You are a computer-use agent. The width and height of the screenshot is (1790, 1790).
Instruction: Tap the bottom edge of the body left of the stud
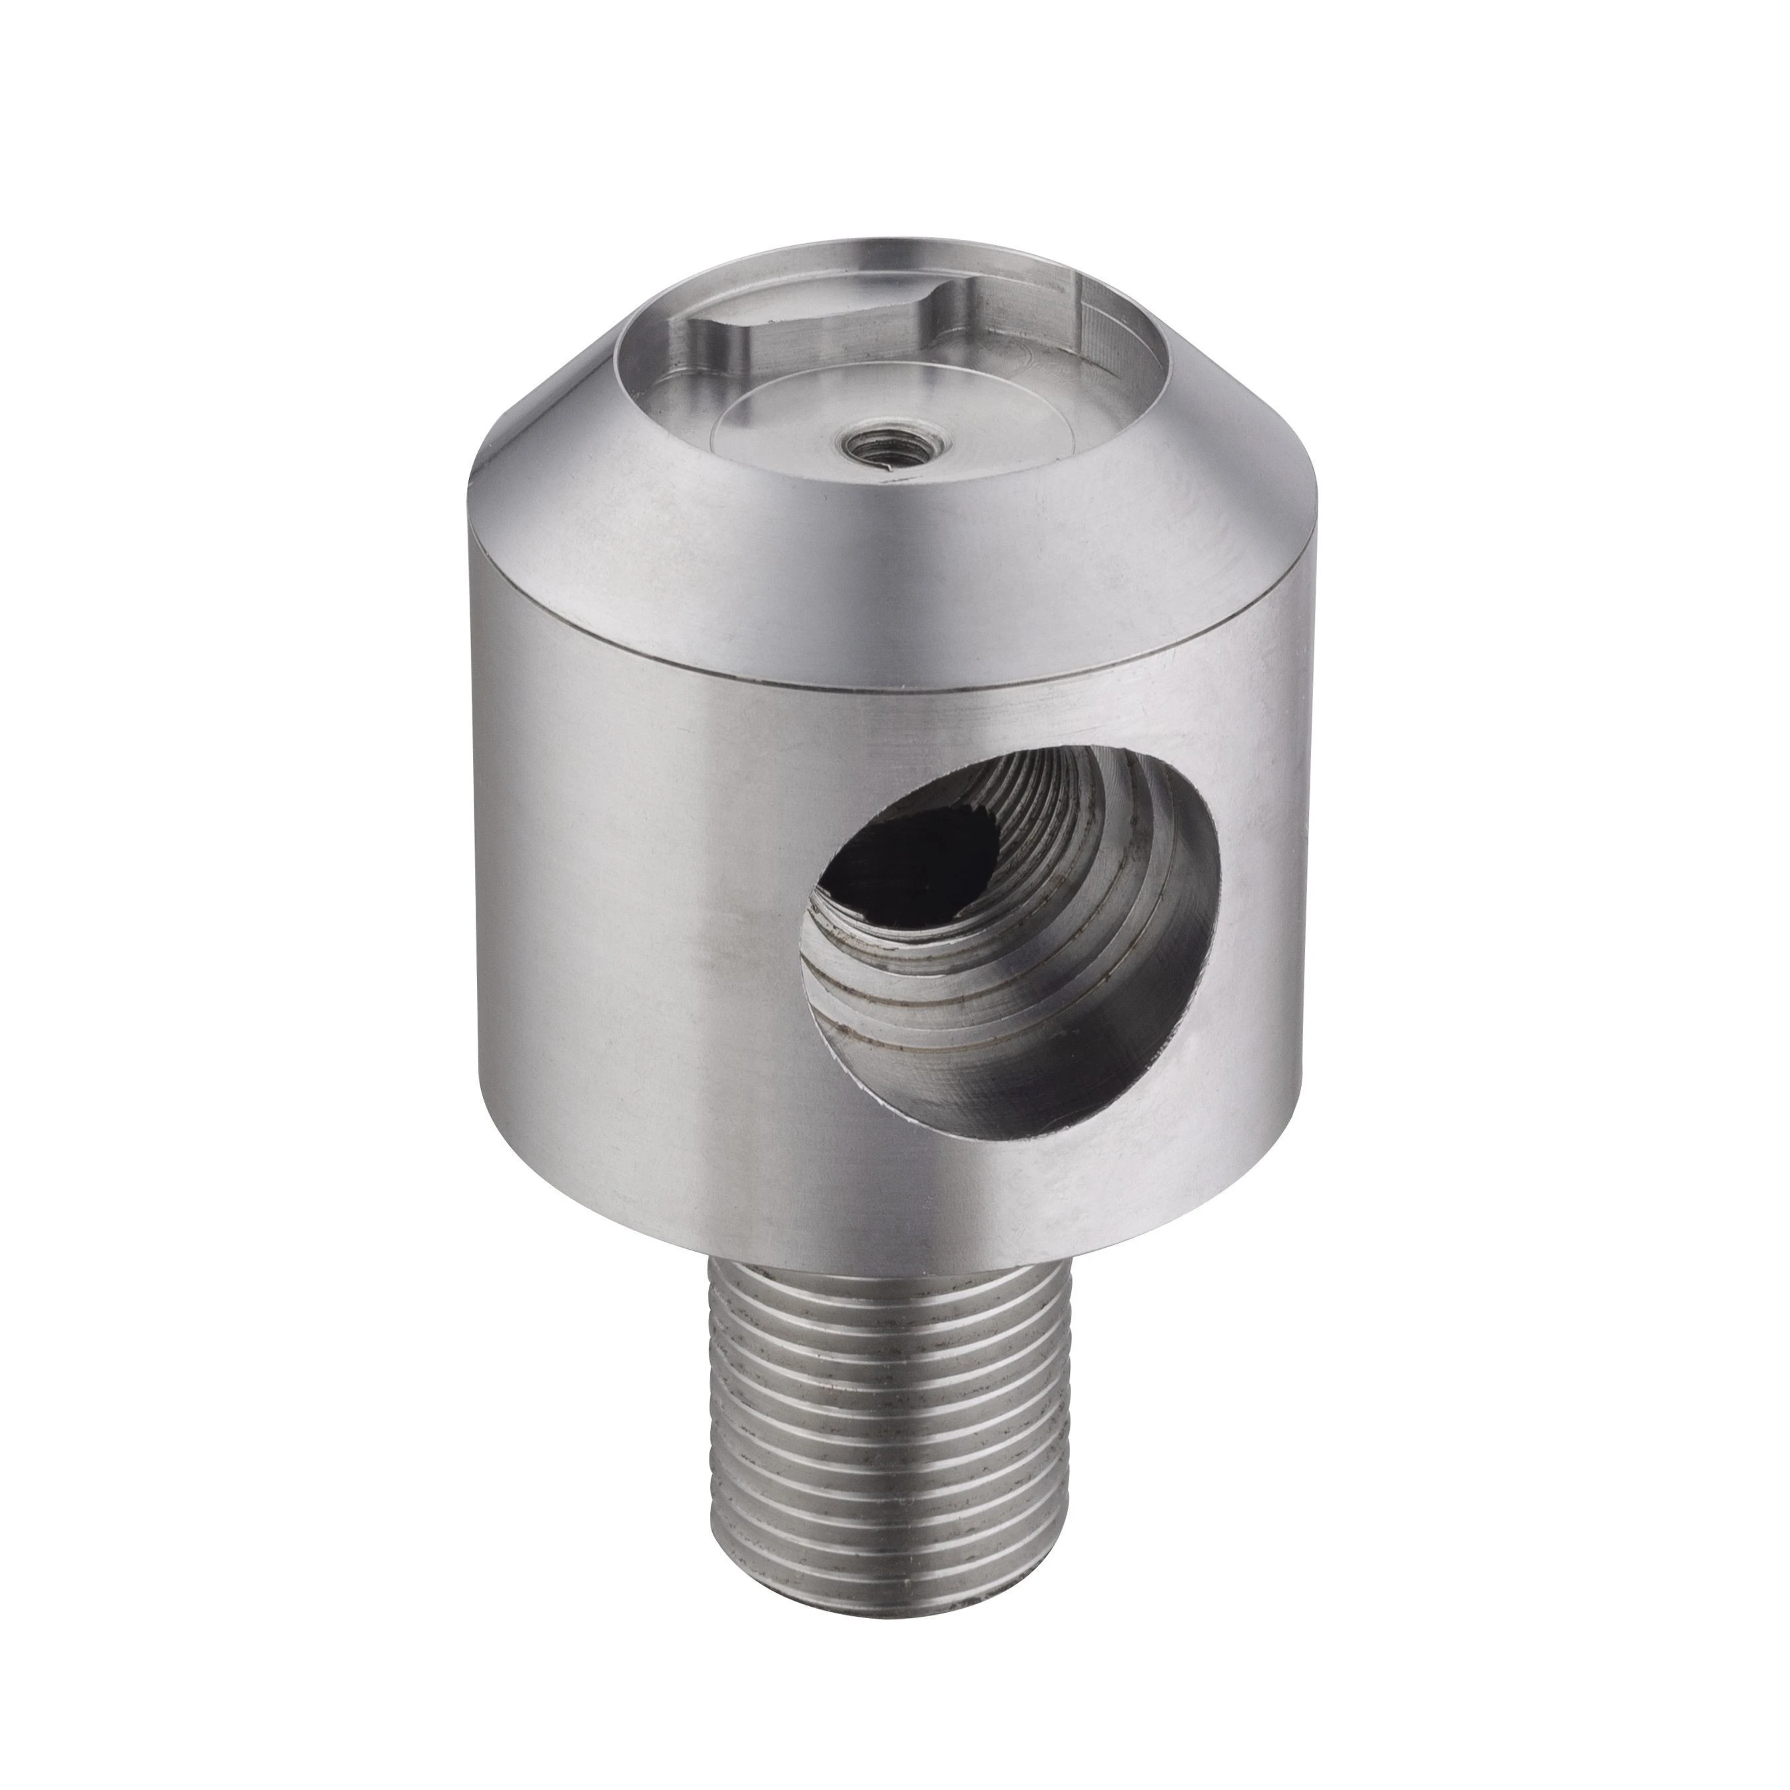coord(593,1204)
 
